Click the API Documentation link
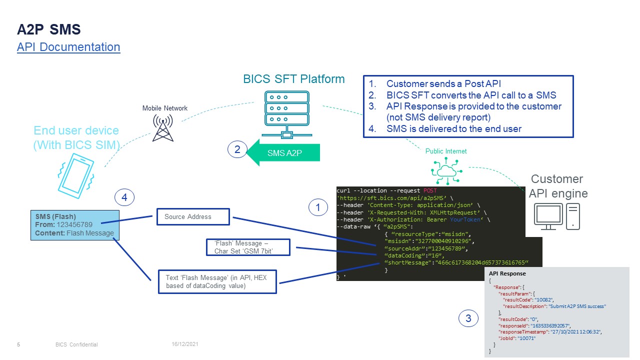point(68,47)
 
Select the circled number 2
point(237,149)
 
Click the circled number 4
point(124,198)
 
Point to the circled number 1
point(318,206)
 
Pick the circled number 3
point(468,318)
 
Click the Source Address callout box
point(193,216)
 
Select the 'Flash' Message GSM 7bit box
point(248,247)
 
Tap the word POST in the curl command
point(430,191)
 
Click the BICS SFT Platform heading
point(294,79)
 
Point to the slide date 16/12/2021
point(185,344)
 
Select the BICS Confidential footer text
point(76,344)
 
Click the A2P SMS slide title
point(49,30)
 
